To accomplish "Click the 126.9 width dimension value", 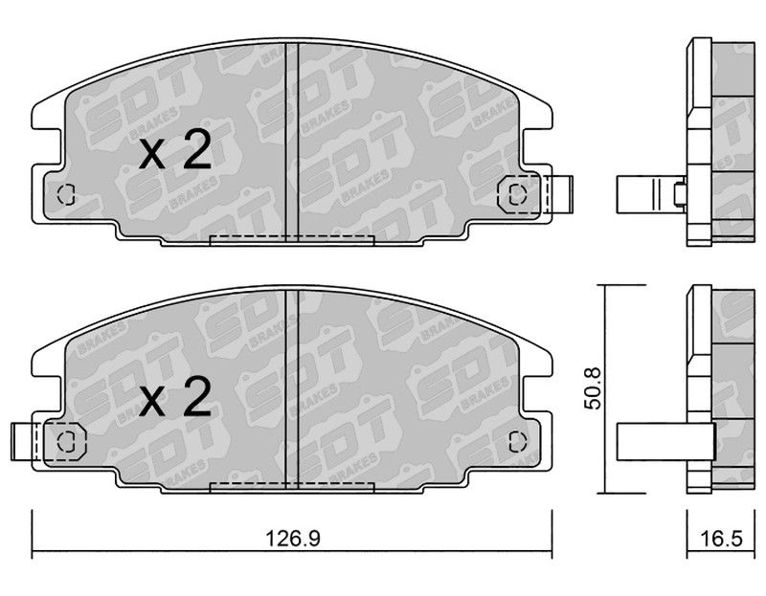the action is [x=292, y=539].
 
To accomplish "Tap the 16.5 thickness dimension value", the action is [x=721, y=539].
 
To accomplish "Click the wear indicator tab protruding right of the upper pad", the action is [x=561, y=194].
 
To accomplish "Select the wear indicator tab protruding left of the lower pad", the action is [x=23, y=442].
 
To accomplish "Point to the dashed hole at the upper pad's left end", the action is [x=66, y=195].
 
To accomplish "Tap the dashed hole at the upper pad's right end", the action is [x=517, y=194].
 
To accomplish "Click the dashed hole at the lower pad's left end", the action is [x=66, y=442].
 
